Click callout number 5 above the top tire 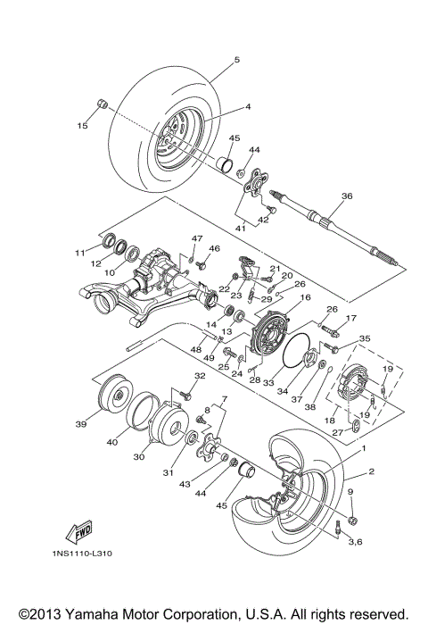[x=237, y=60]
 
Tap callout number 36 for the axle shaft [x=348, y=196]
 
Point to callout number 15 [x=82, y=126]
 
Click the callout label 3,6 [x=355, y=542]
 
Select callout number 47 [x=198, y=237]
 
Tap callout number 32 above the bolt [x=200, y=376]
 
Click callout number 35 [x=364, y=338]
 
